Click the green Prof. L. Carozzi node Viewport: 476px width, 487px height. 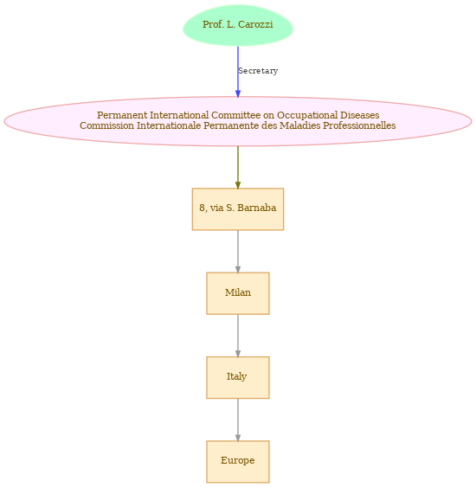(x=238, y=25)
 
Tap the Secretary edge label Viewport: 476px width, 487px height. (x=258, y=71)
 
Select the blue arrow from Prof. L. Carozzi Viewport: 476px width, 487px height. (x=238, y=72)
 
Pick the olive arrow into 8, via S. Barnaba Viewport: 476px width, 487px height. (x=238, y=167)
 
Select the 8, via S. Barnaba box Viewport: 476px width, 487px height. (x=238, y=209)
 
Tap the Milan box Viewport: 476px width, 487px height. (x=238, y=293)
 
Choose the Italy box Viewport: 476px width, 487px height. (x=238, y=377)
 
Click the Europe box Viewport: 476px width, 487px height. (x=238, y=462)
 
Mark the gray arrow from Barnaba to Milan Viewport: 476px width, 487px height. (x=238, y=251)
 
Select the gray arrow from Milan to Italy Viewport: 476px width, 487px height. (x=238, y=336)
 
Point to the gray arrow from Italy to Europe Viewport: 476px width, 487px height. (x=238, y=420)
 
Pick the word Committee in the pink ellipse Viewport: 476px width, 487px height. (x=235, y=115)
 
